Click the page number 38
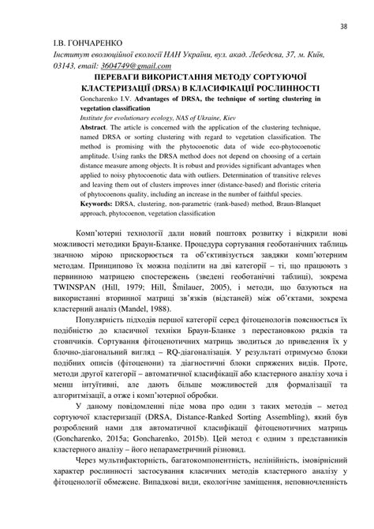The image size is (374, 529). (x=344, y=26)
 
